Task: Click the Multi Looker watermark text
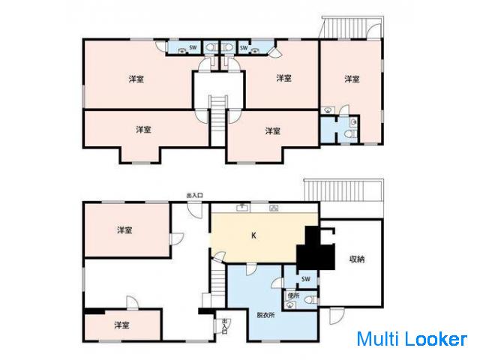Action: (412, 339)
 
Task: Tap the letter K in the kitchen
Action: (253, 235)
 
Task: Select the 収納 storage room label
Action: (357, 259)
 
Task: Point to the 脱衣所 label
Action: (265, 315)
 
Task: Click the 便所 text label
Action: (293, 295)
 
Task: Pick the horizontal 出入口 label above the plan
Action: (194, 195)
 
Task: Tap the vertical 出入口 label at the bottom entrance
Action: (225, 327)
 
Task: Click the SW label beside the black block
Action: (306, 279)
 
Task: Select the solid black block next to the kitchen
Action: (315, 248)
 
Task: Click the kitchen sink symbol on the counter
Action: (243, 208)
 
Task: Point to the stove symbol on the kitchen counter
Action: (274, 208)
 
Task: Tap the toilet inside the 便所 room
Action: (311, 299)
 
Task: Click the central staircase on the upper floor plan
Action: (218, 114)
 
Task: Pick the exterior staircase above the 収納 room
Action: (343, 190)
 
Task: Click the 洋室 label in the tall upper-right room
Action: (352, 79)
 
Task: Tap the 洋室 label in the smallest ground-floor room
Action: (121, 325)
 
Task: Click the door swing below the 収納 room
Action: (337, 316)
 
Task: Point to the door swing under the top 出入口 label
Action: (195, 210)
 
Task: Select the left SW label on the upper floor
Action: (193, 47)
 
